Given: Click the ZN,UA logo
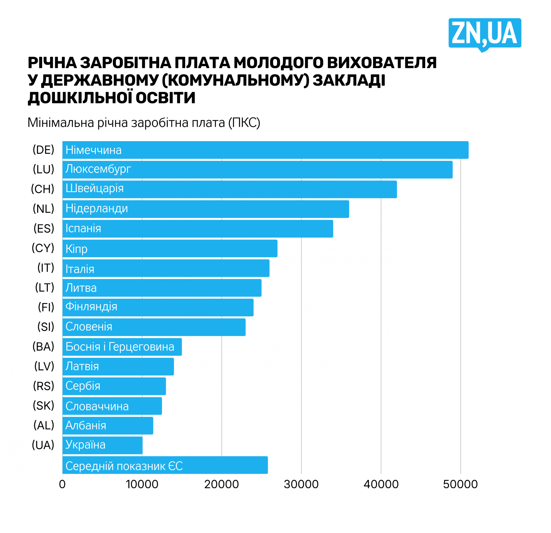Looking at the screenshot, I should click(x=484, y=34).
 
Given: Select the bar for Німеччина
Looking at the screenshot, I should click(x=265, y=150).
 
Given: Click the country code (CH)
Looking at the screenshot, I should click(x=43, y=189).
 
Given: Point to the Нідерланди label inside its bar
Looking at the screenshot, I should click(x=96, y=209).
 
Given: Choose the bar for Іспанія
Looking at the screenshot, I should click(x=198, y=229).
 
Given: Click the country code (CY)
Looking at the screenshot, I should click(x=43, y=248).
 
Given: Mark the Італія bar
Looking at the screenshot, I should click(x=166, y=268).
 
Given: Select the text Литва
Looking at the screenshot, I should click(x=81, y=288).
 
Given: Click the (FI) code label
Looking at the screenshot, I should click(x=46, y=307).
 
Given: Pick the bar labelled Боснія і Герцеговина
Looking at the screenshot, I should click(x=122, y=347).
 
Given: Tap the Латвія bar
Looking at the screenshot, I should click(x=118, y=367).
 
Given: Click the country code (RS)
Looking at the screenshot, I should click(x=44, y=386).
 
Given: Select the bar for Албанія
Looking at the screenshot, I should click(x=108, y=426).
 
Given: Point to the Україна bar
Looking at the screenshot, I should click(x=102, y=445).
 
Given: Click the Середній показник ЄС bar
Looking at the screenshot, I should click(x=165, y=465).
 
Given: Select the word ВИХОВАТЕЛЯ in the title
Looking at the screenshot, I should click(x=382, y=63).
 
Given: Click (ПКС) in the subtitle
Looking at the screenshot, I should click(x=244, y=123).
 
